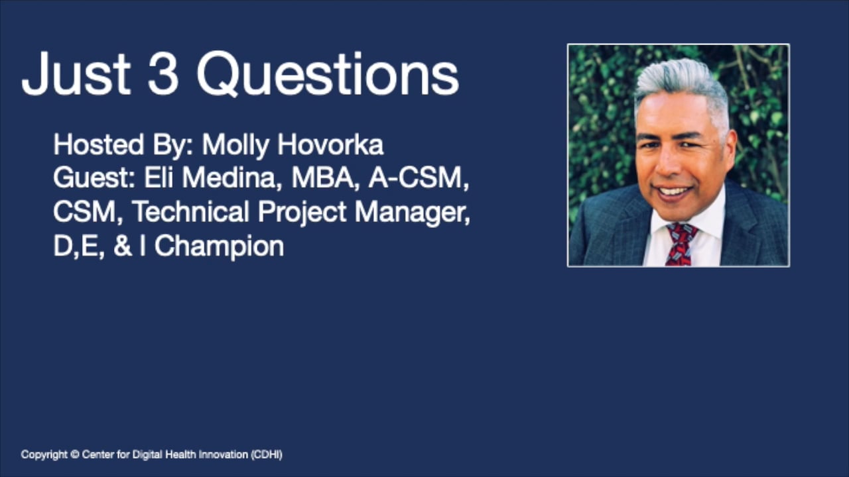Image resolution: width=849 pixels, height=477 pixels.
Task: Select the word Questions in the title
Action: [327, 74]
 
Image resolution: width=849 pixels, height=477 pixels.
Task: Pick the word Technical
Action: [191, 212]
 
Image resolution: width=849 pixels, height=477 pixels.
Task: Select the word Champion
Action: [219, 246]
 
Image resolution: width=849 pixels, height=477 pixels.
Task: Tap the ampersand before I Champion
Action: [122, 246]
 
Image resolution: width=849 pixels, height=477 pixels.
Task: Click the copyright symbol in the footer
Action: [75, 454]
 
